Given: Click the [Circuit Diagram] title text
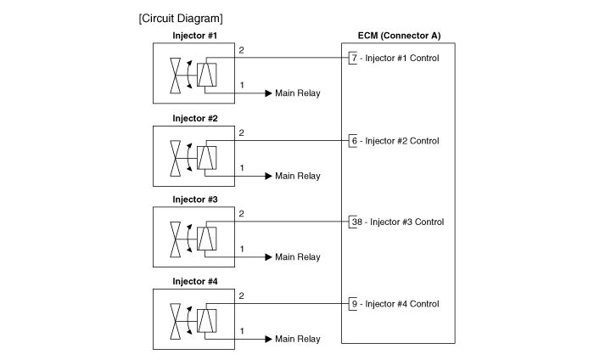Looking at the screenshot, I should click(x=181, y=18).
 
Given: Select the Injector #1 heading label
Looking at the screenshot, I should click(x=195, y=36).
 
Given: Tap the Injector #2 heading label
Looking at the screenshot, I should click(x=195, y=118).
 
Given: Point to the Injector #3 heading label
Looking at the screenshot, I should click(x=195, y=200).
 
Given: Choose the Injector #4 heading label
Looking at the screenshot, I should click(x=195, y=281).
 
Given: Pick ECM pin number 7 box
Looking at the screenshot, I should click(x=353, y=59).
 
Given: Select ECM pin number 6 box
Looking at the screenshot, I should click(x=353, y=140).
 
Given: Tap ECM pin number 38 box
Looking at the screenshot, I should click(x=356, y=222).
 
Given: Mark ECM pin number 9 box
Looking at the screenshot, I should click(x=353, y=303).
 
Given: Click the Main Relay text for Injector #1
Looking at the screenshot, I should click(x=298, y=93).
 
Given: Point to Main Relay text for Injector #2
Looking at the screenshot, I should click(x=298, y=176).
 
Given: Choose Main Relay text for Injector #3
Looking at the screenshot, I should click(x=298, y=257).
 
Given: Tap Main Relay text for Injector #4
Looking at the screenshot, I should click(x=298, y=339).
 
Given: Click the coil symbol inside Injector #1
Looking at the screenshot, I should click(x=206, y=76).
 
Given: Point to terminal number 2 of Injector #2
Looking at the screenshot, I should click(x=242, y=132).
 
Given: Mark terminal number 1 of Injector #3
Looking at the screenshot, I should click(x=242, y=249).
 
